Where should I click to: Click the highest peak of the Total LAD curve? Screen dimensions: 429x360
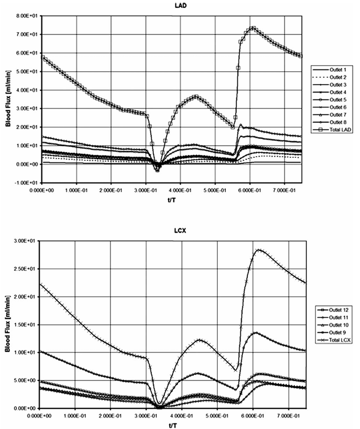pyautogui.click(x=253, y=28)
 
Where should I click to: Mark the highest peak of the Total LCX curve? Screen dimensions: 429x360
pyautogui.click(x=258, y=250)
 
